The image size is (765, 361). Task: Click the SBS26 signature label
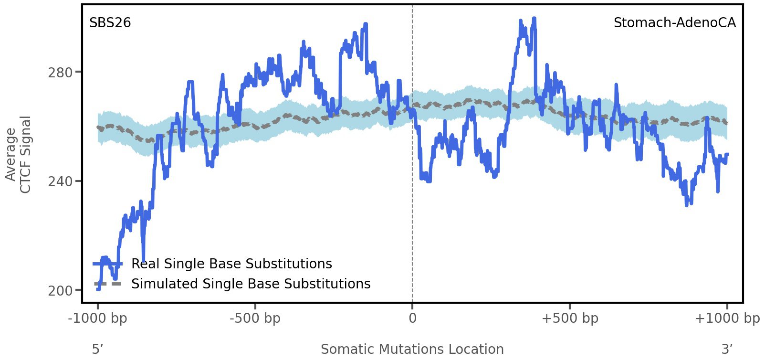(x=110, y=23)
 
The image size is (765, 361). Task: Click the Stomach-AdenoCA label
(x=674, y=23)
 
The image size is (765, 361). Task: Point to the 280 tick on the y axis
(x=60, y=73)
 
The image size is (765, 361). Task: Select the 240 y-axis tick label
(x=60, y=181)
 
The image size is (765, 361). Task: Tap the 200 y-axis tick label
(x=60, y=291)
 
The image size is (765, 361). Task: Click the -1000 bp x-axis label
(x=98, y=319)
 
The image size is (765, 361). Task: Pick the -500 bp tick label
(x=255, y=319)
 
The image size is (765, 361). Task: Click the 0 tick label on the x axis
(x=412, y=319)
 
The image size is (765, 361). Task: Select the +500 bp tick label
(x=570, y=319)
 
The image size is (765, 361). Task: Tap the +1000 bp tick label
(x=727, y=319)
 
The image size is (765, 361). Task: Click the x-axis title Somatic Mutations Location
(x=412, y=350)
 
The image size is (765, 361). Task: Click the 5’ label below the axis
(x=97, y=350)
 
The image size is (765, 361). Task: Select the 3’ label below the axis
(x=727, y=350)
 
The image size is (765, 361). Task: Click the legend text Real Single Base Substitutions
(x=231, y=264)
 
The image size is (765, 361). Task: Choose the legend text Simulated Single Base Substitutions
(x=251, y=284)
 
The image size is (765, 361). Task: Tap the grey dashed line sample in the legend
(x=108, y=284)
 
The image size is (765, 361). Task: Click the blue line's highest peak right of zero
(x=534, y=19)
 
